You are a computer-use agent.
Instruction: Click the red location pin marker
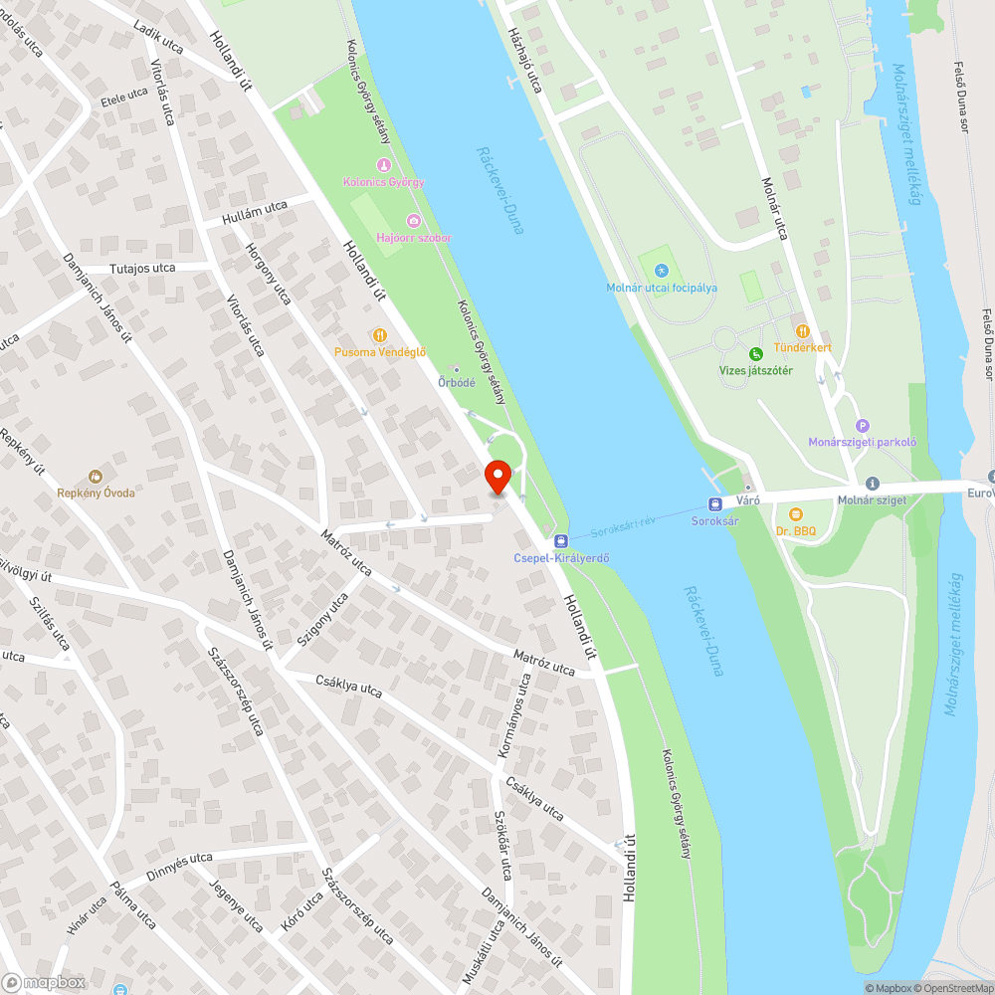click(497, 477)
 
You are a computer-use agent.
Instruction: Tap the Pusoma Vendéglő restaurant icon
click(379, 334)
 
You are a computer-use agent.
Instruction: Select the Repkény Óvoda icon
click(96, 477)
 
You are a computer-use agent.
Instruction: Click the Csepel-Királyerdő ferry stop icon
click(561, 540)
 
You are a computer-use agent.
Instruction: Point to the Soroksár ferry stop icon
click(713, 503)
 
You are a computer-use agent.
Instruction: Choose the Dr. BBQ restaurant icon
click(795, 513)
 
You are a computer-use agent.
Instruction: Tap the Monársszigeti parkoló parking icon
click(862, 426)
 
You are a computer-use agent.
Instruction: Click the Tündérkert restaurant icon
click(802, 330)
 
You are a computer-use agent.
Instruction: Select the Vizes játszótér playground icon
click(755, 353)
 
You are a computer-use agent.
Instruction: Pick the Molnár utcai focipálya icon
click(662, 270)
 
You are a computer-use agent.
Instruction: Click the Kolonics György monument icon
click(383, 165)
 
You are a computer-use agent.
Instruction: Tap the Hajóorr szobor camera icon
click(414, 220)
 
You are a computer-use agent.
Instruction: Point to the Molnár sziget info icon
click(872, 483)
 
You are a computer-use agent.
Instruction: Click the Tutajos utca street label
click(142, 269)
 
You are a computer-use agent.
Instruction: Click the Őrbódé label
click(457, 382)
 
